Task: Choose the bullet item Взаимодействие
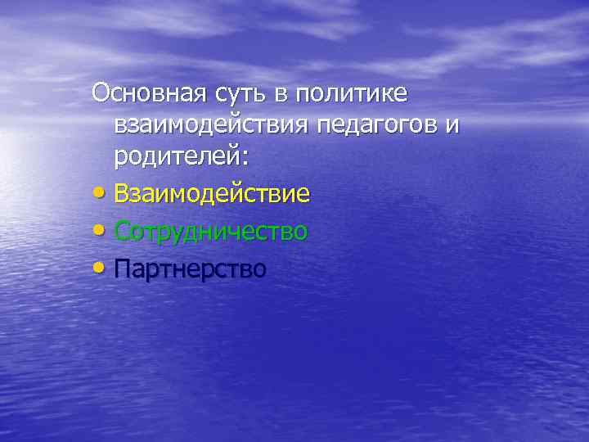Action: pos(212,194)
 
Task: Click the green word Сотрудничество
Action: pos(211,232)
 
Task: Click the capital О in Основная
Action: pos(101,93)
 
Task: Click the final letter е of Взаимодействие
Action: pos(303,196)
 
